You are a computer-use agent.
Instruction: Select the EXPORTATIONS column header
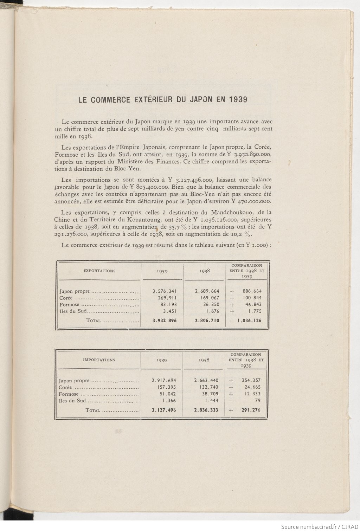(x=99, y=271)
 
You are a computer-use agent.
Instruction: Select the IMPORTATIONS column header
(x=99, y=360)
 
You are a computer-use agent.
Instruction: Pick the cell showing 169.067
(x=207, y=298)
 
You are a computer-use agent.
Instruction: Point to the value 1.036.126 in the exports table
(x=249, y=320)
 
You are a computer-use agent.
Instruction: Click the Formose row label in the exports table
(x=69, y=305)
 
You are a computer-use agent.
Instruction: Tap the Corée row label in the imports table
(x=65, y=387)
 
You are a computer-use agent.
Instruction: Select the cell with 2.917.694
(x=164, y=380)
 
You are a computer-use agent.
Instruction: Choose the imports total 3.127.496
(x=164, y=410)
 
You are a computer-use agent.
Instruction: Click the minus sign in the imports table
(x=231, y=401)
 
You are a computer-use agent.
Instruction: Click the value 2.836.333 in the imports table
(x=206, y=410)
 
